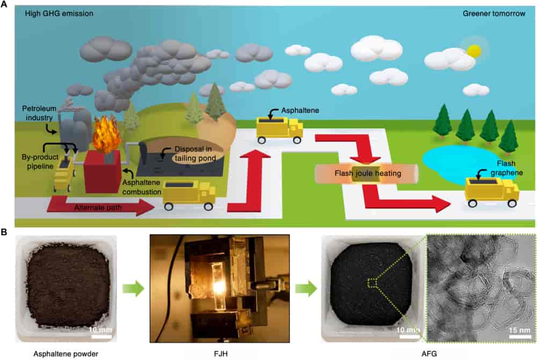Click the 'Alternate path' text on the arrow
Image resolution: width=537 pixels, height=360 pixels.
coord(91,205)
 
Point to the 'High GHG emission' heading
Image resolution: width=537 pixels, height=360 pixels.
coord(52,12)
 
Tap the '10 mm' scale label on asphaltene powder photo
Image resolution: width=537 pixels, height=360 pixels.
coord(100,328)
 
